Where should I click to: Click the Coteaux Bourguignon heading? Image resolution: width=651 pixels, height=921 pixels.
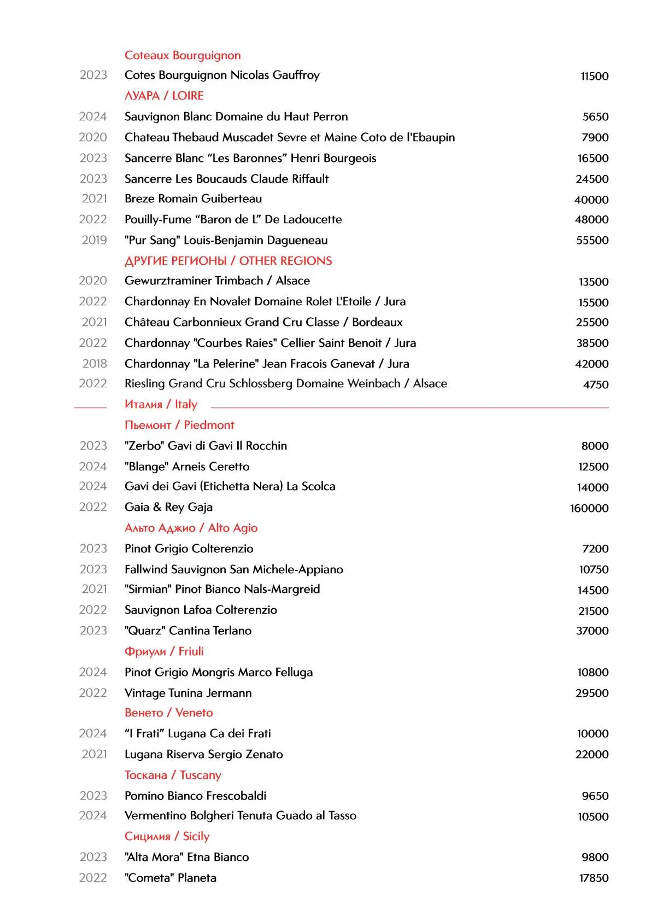(x=183, y=55)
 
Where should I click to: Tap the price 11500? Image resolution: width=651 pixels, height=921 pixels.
(x=594, y=76)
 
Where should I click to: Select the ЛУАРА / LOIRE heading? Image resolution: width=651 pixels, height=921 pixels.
(x=164, y=96)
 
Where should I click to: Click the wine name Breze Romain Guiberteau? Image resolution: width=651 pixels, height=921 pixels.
(x=193, y=199)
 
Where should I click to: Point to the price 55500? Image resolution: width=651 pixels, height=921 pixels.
(x=592, y=240)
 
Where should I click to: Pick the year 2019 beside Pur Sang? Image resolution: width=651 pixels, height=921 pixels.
(x=94, y=240)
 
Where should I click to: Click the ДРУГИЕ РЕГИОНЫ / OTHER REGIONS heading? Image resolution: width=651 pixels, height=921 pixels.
(x=228, y=261)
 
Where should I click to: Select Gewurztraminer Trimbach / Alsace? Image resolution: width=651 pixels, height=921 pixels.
(x=217, y=281)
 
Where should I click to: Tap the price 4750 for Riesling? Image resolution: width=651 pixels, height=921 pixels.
(x=595, y=384)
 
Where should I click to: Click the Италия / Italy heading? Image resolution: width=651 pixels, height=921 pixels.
(x=161, y=404)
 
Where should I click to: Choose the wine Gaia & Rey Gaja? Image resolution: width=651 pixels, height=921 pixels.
(x=168, y=507)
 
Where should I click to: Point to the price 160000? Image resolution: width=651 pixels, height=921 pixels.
(x=589, y=508)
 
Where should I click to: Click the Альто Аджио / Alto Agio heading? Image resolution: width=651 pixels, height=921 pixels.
(x=191, y=528)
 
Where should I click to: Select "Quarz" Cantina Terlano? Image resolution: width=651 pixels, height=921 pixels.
(x=188, y=631)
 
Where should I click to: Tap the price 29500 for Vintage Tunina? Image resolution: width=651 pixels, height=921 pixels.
(x=591, y=693)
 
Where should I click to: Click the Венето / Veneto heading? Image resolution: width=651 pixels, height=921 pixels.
(x=168, y=713)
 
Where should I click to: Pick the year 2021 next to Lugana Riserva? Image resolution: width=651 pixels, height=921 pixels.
(x=94, y=754)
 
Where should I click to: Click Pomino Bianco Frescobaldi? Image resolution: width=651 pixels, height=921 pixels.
(x=195, y=796)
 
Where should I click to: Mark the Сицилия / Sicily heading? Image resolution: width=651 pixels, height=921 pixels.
(x=167, y=836)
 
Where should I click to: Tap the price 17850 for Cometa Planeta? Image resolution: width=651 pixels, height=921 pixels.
(x=594, y=878)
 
